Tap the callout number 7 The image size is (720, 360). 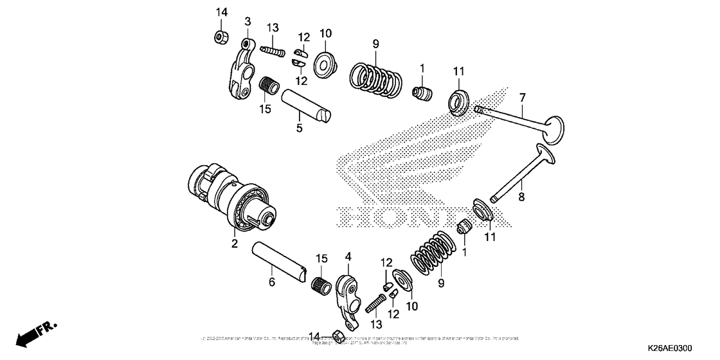tap(523, 97)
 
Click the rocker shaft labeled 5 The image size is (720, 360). tap(308, 106)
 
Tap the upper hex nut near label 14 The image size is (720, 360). tap(219, 37)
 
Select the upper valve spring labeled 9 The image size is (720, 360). tap(377, 80)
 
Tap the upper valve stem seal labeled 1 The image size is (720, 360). tap(421, 92)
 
